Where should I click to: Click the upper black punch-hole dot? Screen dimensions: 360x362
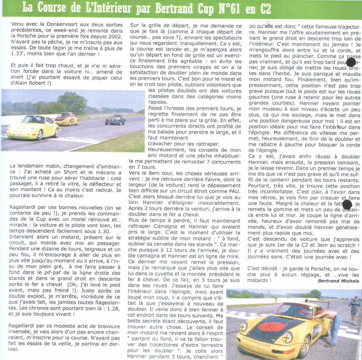tap(351, 62)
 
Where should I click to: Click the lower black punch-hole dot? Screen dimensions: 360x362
tap(347, 205)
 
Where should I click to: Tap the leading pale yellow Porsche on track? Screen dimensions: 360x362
tap(33, 128)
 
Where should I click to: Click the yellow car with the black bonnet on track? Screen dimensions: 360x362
tap(67, 118)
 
